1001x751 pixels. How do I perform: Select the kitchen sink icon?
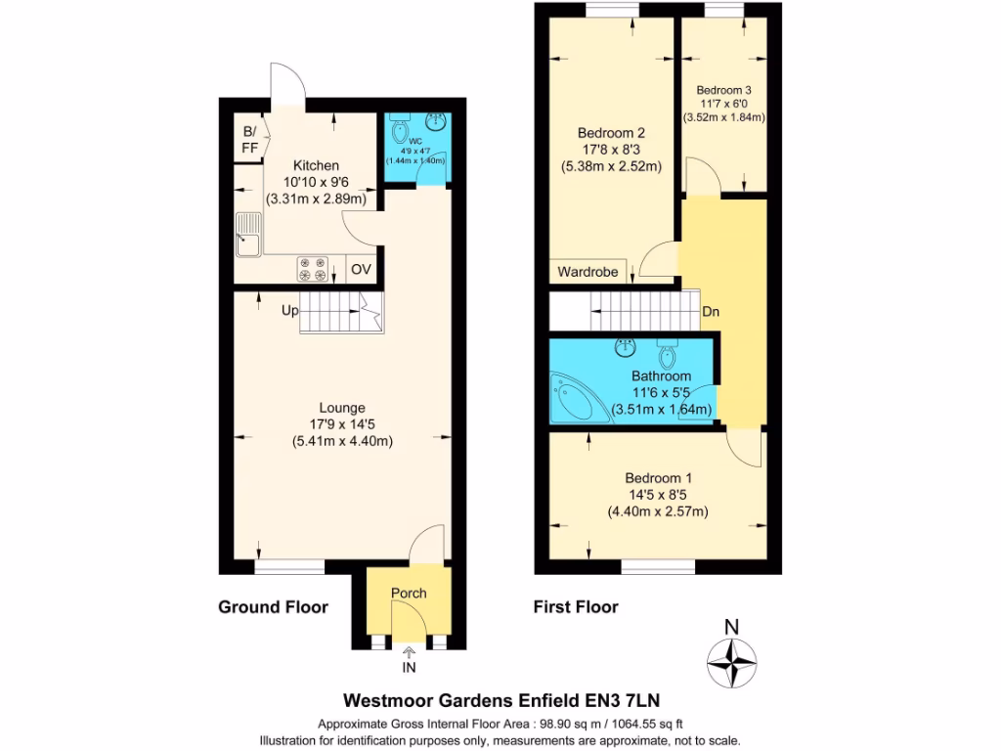point(247,238)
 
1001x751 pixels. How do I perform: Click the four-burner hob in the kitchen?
point(313,269)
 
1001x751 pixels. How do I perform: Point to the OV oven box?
point(361,269)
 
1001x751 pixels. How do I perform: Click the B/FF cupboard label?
point(250,139)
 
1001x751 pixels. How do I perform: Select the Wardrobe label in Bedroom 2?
point(588,272)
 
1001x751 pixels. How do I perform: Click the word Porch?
point(409,593)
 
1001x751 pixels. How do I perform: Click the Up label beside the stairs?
point(290,310)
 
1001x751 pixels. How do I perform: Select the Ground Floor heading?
point(273,607)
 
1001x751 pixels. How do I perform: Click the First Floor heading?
point(576,607)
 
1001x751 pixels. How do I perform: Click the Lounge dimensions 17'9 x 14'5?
point(342,424)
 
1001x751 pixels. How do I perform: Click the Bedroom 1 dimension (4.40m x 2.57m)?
point(658,511)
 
